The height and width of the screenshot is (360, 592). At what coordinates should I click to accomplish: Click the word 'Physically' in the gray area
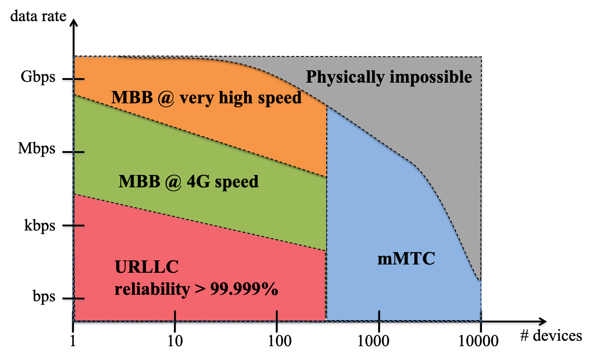(x=345, y=77)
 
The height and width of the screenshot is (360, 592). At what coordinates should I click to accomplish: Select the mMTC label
(x=406, y=260)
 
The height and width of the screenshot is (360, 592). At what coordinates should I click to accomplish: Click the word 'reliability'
(x=152, y=290)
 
